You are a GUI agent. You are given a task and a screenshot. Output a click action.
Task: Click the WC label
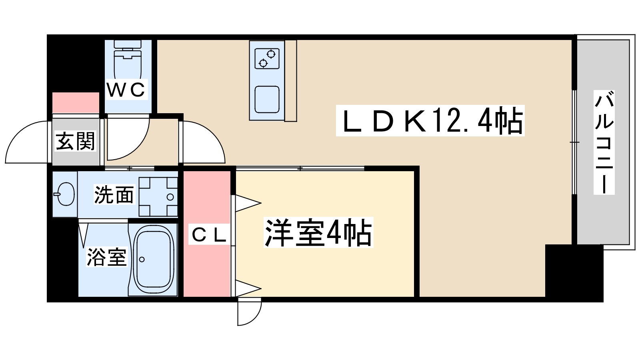point(126,90)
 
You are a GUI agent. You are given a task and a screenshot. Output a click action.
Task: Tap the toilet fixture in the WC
point(128,60)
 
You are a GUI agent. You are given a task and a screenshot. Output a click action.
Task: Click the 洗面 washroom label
point(114,195)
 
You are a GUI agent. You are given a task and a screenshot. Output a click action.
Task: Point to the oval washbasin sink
point(64,194)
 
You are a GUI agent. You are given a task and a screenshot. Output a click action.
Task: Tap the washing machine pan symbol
point(158,196)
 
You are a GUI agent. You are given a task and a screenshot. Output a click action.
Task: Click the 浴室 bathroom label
point(107,257)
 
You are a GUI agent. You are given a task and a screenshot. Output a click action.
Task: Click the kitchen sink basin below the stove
point(267,99)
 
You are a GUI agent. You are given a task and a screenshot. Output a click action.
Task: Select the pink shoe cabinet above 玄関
point(76,103)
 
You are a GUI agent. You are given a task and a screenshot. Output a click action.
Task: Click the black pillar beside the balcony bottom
point(574,272)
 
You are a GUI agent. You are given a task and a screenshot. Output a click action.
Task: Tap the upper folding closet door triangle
point(246,203)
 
